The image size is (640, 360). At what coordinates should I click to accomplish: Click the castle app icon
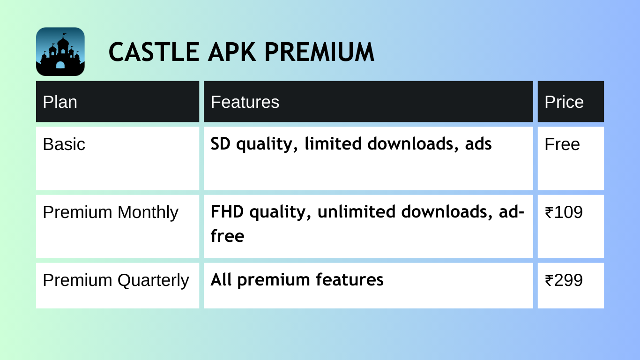(x=60, y=52)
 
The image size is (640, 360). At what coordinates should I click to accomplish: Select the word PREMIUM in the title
(x=319, y=52)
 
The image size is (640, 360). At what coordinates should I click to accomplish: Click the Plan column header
(x=60, y=102)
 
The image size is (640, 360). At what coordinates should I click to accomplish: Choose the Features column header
(x=245, y=102)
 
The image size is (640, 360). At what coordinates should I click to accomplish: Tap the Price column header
(x=564, y=102)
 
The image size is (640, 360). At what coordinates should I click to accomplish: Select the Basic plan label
(x=64, y=144)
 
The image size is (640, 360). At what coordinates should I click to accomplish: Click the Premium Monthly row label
(x=111, y=213)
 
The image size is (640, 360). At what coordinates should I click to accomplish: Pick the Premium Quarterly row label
(x=116, y=281)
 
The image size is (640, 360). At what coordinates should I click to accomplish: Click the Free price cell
(x=562, y=144)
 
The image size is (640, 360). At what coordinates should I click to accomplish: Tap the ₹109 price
(x=564, y=212)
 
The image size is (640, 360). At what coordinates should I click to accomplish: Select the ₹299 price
(x=564, y=280)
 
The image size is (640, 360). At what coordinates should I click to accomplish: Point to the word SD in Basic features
(x=220, y=143)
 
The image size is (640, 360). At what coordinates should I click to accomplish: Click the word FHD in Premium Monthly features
(x=227, y=211)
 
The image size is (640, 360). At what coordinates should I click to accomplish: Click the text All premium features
(x=297, y=280)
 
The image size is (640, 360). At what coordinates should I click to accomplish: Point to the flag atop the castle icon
(x=65, y=35)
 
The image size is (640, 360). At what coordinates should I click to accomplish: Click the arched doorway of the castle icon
(x=60, y=65)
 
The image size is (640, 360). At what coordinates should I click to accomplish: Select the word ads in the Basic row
(x=478, y=143)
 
